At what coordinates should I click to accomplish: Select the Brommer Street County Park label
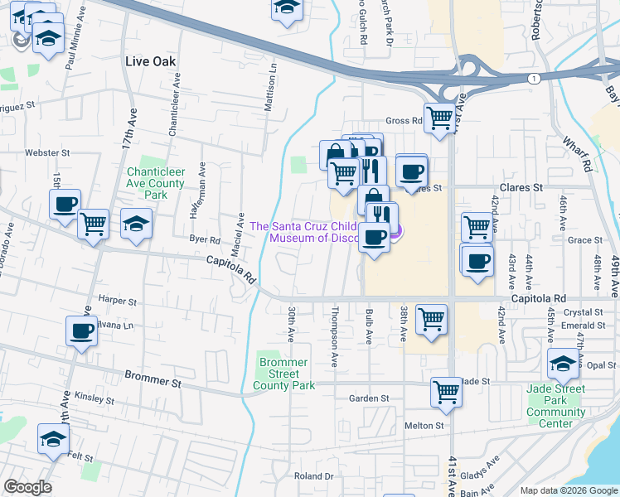284,374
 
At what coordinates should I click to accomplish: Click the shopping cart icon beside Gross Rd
438,118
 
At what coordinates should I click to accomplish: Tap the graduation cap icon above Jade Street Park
563,363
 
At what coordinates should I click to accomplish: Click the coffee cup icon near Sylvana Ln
81,331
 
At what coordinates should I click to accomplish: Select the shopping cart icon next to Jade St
446,391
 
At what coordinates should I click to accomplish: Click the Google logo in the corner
27,487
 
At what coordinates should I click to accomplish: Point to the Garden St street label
368,398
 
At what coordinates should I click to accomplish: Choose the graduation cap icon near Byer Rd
137,223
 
